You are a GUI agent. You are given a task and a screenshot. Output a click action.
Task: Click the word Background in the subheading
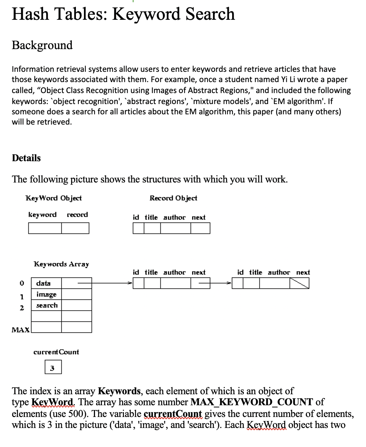coord(42,45)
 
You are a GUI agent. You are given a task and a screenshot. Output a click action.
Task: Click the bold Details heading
coord(26,158)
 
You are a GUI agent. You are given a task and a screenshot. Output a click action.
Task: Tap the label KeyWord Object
coord(54,198)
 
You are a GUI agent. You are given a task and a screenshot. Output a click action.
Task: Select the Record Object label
coord(173,198)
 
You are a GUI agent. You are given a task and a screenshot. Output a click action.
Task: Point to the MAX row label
coord(21,330)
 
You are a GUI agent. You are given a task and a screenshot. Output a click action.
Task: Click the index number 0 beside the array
coord(22,283)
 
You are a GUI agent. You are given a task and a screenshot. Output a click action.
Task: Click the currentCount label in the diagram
coord(56,352)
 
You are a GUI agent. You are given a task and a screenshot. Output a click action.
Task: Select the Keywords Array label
coord(61,264)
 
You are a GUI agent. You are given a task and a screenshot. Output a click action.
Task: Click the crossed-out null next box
coord(299,283)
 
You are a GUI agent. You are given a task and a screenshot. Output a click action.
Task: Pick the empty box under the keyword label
coord(45,228)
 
